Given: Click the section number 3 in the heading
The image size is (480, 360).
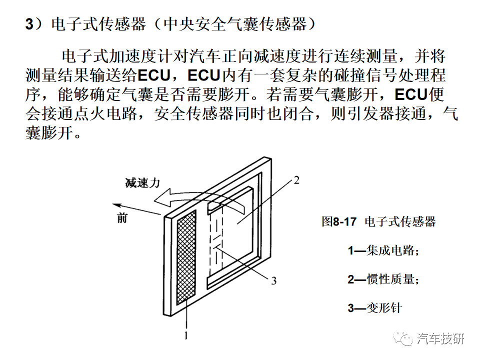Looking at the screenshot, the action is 29,24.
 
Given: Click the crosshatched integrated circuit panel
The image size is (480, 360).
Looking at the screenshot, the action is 186,257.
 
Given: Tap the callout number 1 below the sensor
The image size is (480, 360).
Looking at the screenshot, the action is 186,336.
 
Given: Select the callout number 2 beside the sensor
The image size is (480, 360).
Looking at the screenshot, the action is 296,180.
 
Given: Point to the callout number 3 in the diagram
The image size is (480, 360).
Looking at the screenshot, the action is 273,280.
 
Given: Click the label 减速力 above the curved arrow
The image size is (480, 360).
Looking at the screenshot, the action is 142,183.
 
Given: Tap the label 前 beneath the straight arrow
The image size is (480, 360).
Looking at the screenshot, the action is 122,218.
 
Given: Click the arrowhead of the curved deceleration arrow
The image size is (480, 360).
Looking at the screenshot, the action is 161,197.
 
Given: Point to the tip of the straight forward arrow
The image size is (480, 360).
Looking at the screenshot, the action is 112,204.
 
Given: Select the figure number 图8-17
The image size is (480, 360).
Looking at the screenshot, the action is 339,221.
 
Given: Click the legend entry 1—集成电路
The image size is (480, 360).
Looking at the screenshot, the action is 383,250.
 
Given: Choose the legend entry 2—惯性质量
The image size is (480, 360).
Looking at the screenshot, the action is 383,279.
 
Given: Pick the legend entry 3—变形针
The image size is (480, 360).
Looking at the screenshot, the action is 374,308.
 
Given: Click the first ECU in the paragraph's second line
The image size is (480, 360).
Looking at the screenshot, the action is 154,75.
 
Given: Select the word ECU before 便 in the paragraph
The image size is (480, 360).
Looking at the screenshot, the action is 411,94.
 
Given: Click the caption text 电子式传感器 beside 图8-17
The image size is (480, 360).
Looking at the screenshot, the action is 400,221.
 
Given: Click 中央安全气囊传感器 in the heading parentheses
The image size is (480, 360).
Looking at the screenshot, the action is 235,24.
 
